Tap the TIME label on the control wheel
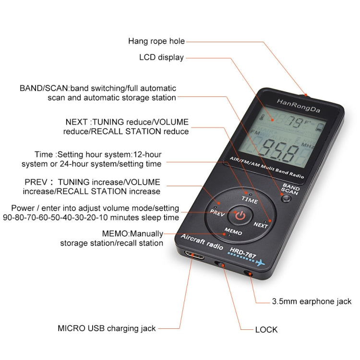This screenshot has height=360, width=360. tap(250, 198)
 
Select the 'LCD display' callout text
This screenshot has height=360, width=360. tap(161, 58)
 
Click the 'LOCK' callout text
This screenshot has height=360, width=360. tap(266, 330)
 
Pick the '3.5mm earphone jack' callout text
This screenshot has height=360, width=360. tap(312, 301)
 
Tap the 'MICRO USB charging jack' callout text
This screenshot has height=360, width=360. tap(107, 328)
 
